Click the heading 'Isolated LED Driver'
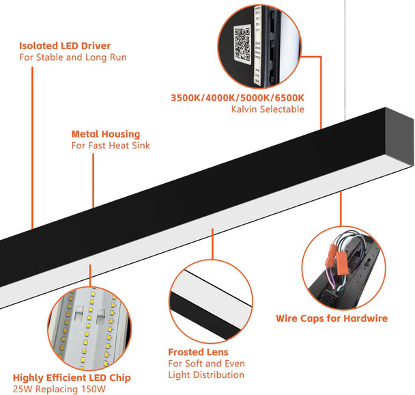tap(64, 46)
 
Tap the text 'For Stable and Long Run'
tap(72, 57)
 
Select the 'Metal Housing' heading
tap(105, 134)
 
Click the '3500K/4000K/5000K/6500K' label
tap(236, 98)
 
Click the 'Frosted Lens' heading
tap(197, 352)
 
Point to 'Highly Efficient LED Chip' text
tap(72, 377)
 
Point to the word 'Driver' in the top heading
tap(96, 46)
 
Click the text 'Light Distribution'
tap(206, 374)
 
